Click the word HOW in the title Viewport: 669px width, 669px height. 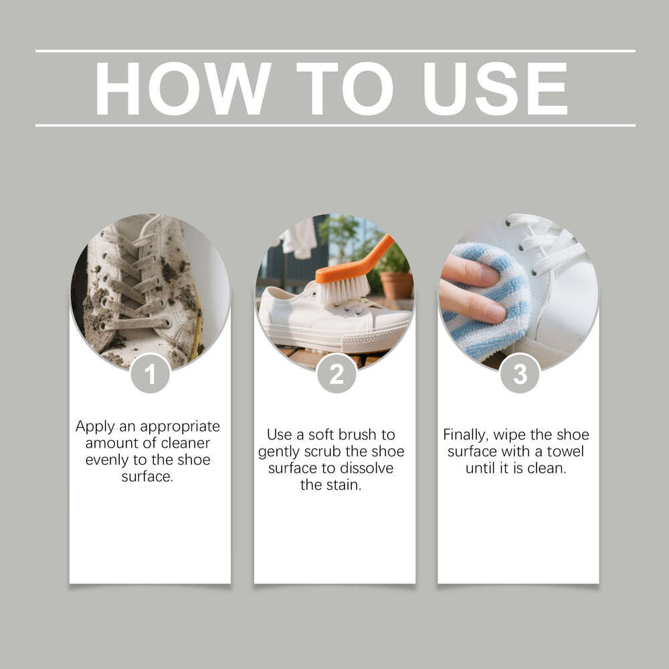(183, 89)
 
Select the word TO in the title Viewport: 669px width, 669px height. (345, 89)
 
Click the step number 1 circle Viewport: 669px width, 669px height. (150, 373)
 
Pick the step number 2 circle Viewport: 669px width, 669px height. (336, 373)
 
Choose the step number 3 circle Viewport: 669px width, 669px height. (520, 373)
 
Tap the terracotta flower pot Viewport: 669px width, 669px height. (396, 284)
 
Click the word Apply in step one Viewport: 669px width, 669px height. (94, 426)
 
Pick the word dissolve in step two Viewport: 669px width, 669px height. (367, 468)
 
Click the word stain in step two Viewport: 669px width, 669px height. (345, 484)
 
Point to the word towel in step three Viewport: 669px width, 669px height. (565, 451)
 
